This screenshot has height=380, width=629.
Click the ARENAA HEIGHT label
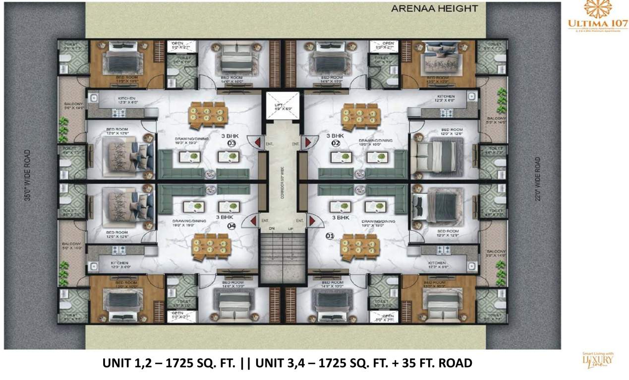(x=434, y=8)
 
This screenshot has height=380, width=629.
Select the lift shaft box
(x=282, y=106)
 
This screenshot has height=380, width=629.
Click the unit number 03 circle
(x=230, y=144)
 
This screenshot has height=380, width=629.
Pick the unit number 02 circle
(x=335, y=144)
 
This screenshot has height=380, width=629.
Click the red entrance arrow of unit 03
(x=257, y=143)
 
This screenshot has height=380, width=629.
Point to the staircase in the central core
(x=282, y=257)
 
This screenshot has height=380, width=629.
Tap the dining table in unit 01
(x=361, y=246)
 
